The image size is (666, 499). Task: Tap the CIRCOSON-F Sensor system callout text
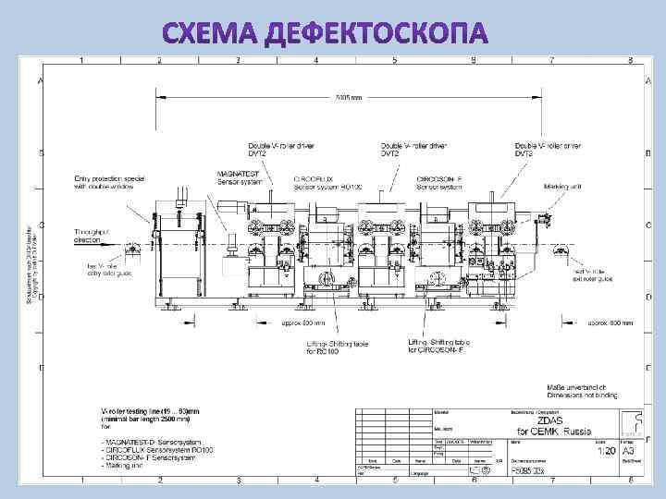coord(445,183)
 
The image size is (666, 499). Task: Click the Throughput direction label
coord(93,236)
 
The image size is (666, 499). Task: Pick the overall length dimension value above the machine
coord(349,96)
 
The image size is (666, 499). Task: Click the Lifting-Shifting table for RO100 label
coord(338,347)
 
